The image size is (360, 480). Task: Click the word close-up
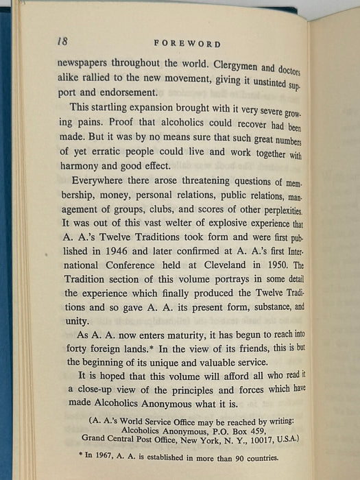[x=90, y=408]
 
